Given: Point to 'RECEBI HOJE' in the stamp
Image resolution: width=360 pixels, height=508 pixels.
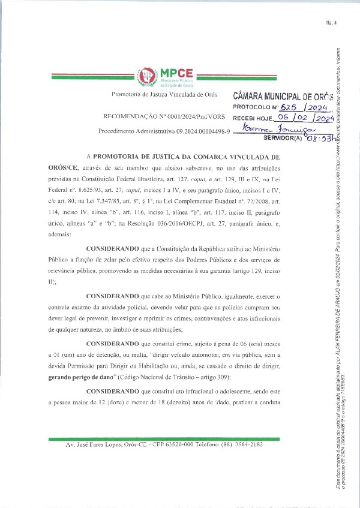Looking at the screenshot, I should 253,119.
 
